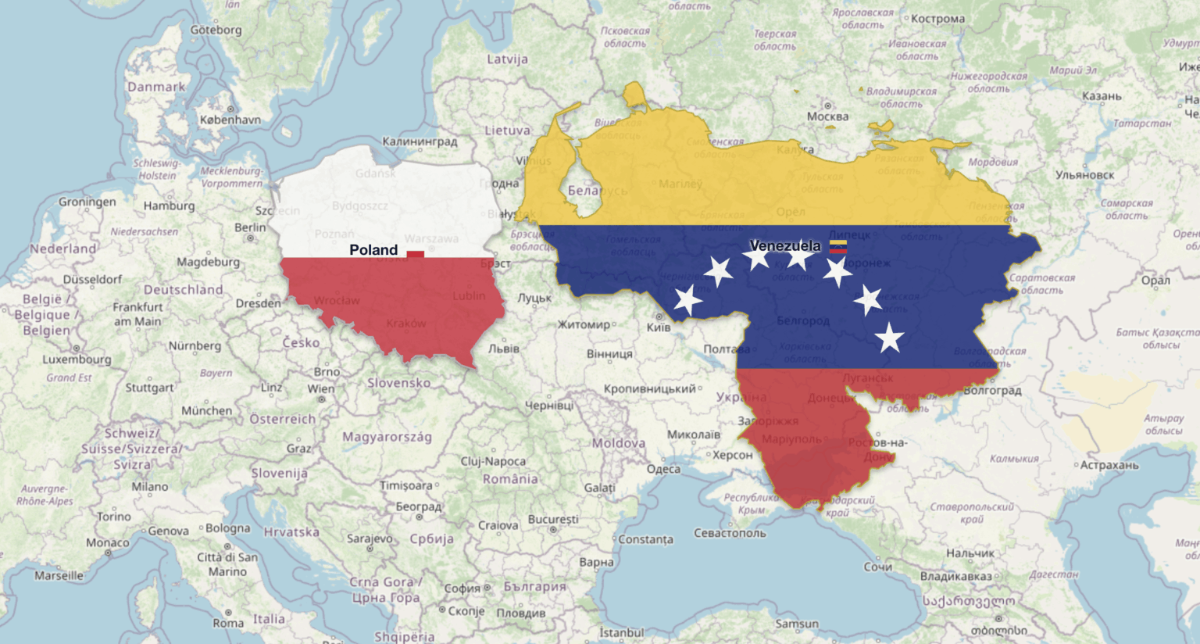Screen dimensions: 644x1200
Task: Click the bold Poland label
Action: point(373,250)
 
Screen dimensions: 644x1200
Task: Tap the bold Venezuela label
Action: point(785,246)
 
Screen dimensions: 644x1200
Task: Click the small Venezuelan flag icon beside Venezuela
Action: point(838,247)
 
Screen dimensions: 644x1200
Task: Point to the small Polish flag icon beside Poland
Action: point(415,253)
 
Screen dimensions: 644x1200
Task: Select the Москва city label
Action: point(827,117)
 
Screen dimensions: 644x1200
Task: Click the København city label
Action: point(230,120)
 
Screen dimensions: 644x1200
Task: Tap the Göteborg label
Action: point(216,30)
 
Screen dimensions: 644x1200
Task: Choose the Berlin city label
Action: point(250,227)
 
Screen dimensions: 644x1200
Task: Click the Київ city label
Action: point(659,327)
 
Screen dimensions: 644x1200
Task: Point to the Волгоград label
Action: point(992,390)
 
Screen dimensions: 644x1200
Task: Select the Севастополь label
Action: point(730,533)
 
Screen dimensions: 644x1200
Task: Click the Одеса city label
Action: point(663,469)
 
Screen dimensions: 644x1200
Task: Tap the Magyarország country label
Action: point(387,437)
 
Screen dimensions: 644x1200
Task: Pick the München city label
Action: point(206,410)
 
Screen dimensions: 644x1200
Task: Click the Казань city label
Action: point(1102,96)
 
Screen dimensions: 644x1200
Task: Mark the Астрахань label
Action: point(1109,465)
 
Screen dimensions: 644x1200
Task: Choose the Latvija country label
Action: point(507,59)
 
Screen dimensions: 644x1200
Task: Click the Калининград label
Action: point(420,141)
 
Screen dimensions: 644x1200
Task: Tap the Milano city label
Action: point(149,486)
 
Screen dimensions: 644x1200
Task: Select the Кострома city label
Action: point(937,19)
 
